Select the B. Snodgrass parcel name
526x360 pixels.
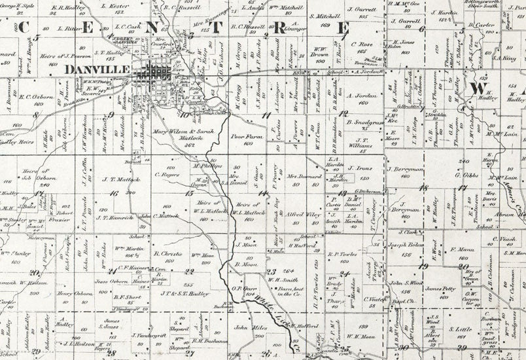(x=364, y=122)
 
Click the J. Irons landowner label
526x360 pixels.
(x=360, y=168)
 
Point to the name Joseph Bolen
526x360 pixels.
(x=404, y=245)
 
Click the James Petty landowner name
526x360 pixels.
(x=440, y=288)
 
